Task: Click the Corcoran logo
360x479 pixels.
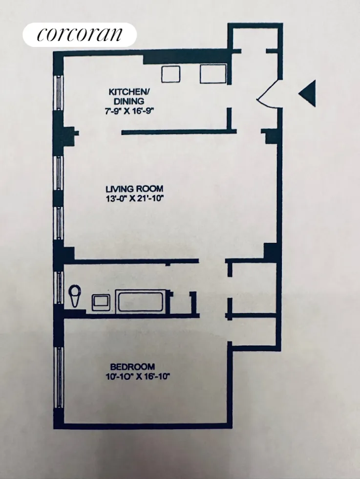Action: [x=80, y=35]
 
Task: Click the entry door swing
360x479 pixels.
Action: [x=268, y=93]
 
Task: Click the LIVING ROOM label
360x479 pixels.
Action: [x=134, y=189]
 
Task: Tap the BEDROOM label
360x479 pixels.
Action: [x=132, y=367]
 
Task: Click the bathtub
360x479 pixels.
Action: [x=141, y=301]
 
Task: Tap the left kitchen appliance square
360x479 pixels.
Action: [x=171, y=74]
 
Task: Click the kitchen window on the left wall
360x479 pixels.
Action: [x=59, y=93]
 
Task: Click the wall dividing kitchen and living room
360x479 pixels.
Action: [x=178, y=131]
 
